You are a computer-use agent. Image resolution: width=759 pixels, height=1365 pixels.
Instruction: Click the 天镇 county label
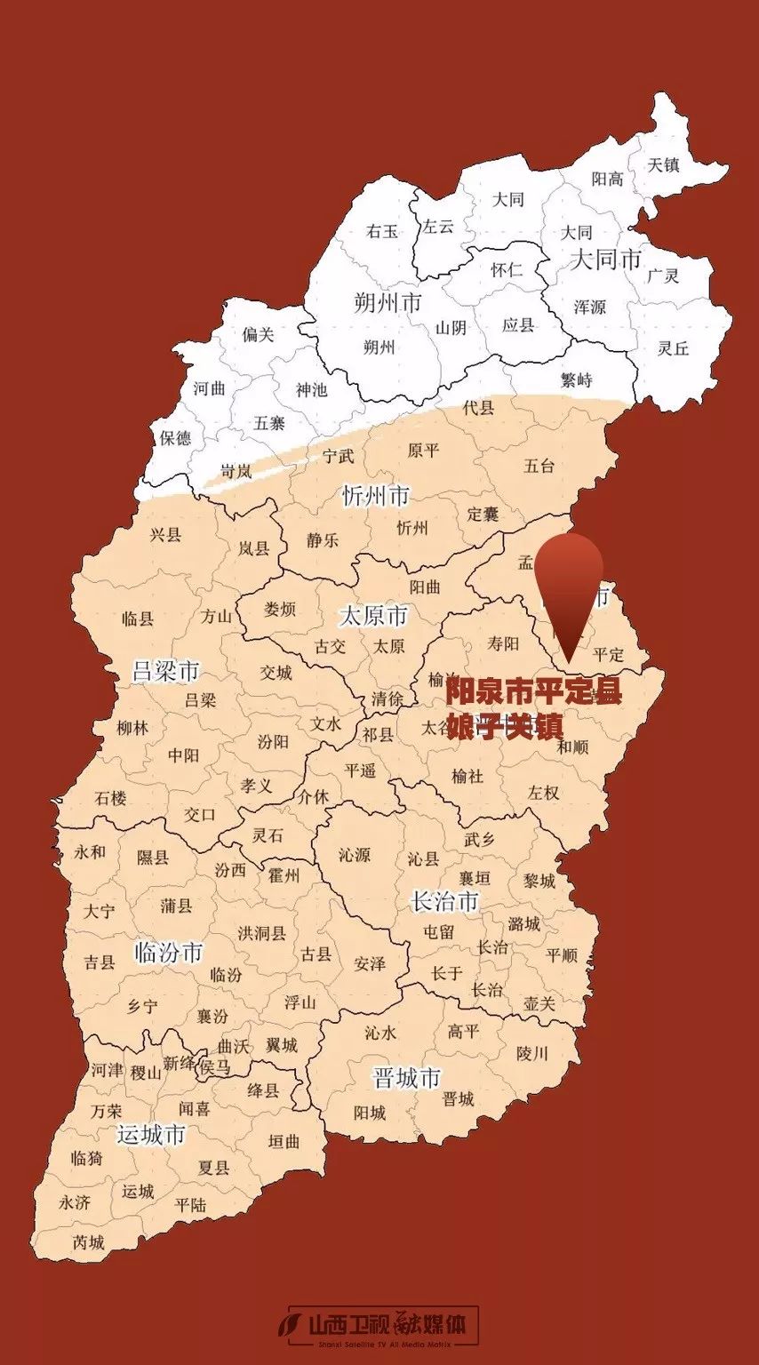pyautogui.click(x=663, y=164)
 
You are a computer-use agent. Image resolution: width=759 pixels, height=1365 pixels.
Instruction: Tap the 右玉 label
pyautogui.click(x=382, y=232)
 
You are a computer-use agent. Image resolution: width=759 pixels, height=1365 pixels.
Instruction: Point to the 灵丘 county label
pyautogui.click(x=673, y=348)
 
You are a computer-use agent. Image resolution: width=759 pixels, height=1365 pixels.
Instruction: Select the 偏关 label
pyautogui.click(x=259, y=334)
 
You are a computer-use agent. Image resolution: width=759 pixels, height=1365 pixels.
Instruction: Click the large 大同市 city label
pyautogui.click(x=605, y=259)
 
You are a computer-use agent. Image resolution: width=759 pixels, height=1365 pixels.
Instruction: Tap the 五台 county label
pyautogui.click(x=539, y=466)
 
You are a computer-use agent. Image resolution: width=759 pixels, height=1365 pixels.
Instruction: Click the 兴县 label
pyautogui.click(x=165, y=534)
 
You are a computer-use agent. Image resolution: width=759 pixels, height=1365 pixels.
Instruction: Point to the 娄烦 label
pyautogui.click(x=280, y=610)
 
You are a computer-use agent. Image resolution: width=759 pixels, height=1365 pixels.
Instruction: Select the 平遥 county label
pyautogui.click(x=361, y=770)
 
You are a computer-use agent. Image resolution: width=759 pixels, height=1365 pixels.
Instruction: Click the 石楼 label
pyautogui.click(x=111, y=798)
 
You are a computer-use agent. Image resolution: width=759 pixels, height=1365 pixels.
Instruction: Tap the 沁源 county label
pyautogui.click(x=355, y=855)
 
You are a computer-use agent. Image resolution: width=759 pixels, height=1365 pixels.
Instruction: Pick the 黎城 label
pyautogui.click(x=539, y=881)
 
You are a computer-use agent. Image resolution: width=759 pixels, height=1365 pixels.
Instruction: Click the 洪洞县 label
pyautogui.click(x=262, y=933)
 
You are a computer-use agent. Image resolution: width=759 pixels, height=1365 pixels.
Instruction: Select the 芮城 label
pyautogui.click(x=89, y=1242)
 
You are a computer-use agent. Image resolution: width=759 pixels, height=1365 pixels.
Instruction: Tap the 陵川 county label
pyautogui.click(x=532, y=1054)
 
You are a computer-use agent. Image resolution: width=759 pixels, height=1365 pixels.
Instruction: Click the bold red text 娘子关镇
pyautogui.click(x=504, y=726)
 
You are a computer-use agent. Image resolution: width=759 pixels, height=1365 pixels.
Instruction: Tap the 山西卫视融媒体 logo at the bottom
pyautogui.click(x=382, y=1326)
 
